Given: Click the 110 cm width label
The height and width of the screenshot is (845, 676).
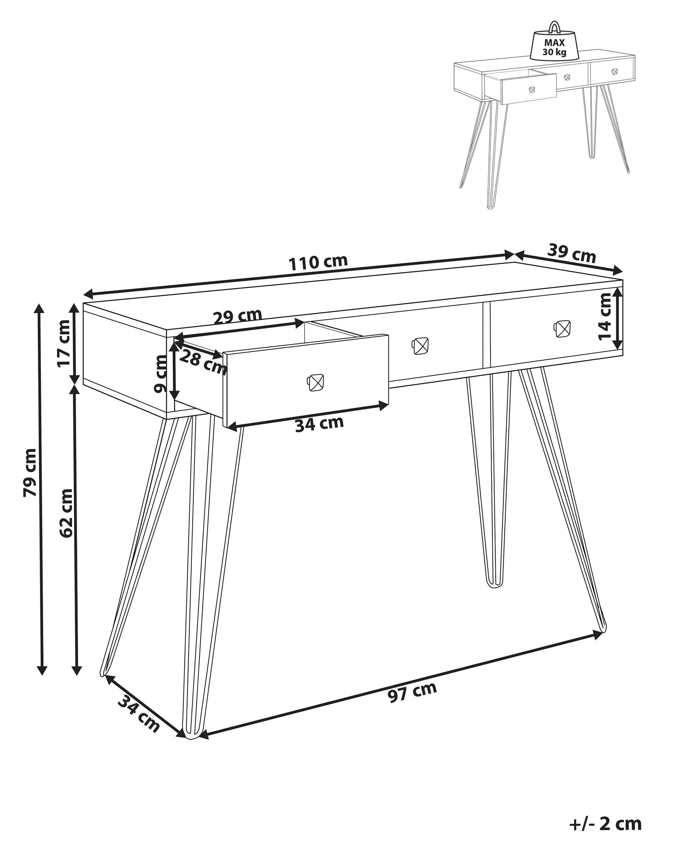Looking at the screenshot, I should coord(318,262).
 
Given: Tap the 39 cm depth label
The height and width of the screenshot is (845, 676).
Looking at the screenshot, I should coord(571,253).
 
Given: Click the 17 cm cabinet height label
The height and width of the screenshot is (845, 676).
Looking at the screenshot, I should coord(63,343).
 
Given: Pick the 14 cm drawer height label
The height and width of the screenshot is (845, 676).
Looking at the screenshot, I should coord(605,316).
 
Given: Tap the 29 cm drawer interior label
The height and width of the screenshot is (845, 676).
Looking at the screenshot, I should coord(237,316).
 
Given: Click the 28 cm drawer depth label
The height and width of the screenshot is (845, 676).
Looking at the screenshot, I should coord(203,362).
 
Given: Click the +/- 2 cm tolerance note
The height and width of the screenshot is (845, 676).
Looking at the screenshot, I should coord(605,823).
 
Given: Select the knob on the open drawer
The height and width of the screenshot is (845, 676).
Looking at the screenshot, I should coord(315,383).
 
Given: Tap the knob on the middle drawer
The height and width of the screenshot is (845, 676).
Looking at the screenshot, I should coord(420,346).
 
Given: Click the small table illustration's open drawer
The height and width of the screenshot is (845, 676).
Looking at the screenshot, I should coord(528,88).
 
